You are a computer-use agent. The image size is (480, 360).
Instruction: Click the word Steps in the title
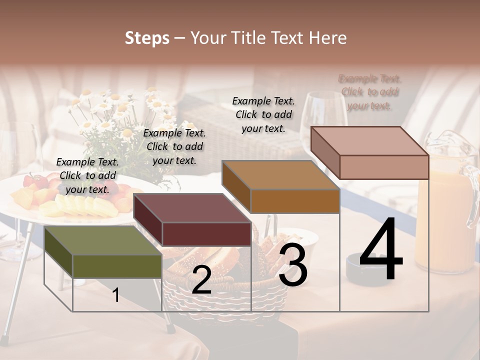[x=147, y=38]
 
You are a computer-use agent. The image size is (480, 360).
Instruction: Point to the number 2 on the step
[x=201, y=280]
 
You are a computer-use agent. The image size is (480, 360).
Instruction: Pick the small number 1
[x=115, y=295]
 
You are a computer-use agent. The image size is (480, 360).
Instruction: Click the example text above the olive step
[x=87, y=175]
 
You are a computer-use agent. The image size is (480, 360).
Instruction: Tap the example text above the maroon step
[x=174, y=146]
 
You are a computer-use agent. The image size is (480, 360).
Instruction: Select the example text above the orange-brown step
[x=263, y=114]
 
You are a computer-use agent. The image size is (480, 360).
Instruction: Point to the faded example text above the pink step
[x=370, y=92]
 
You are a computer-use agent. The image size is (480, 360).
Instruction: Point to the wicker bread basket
[x=225, y=295]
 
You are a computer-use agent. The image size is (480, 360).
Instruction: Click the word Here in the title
[x=328, y=38]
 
